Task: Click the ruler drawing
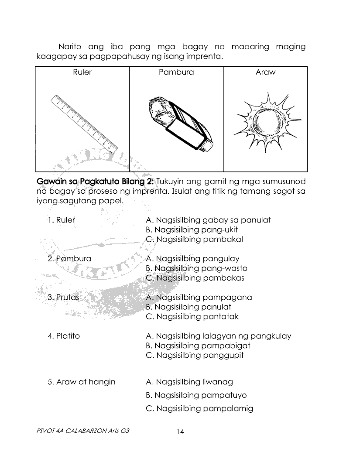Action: (84, 124)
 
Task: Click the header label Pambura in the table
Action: (176, 72)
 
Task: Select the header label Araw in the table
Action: (265, 72)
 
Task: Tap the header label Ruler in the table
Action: (82, 72)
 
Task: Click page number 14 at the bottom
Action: (180, 431)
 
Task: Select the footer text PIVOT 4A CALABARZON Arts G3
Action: (83, 431)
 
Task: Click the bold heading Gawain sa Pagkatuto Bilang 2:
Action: (95, 181)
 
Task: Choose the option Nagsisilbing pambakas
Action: (195, 278)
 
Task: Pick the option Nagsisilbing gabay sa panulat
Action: (208, 220)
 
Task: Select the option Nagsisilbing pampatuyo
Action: (196, 395)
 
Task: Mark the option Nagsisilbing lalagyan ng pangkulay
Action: (219, 336)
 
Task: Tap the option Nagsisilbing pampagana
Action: (199, 297)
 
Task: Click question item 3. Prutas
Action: (63, 297)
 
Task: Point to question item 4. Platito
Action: (64, 336)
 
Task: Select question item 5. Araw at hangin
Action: (82, 382)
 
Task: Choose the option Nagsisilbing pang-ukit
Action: (192, 230)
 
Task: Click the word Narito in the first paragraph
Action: (70, 47)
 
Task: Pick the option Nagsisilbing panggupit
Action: (195, 355)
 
